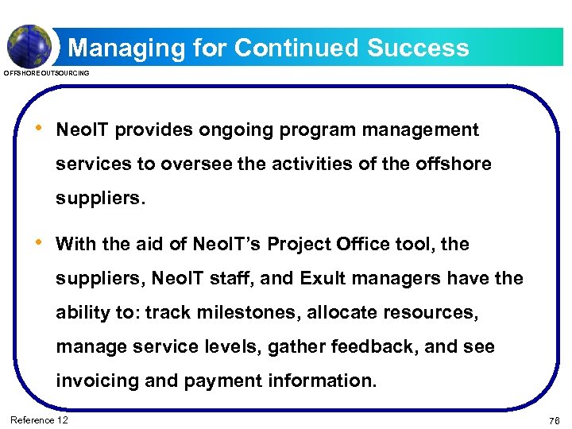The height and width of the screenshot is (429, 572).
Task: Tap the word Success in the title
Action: point(418,48)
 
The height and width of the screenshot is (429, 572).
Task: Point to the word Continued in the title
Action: point(298,48)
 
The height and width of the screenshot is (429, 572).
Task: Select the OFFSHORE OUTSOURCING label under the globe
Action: point(47,73)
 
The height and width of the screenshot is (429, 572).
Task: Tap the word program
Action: point(321,129)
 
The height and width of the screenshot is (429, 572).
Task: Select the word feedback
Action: point(355,346)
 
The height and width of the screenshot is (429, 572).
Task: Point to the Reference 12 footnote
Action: point(38,419)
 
